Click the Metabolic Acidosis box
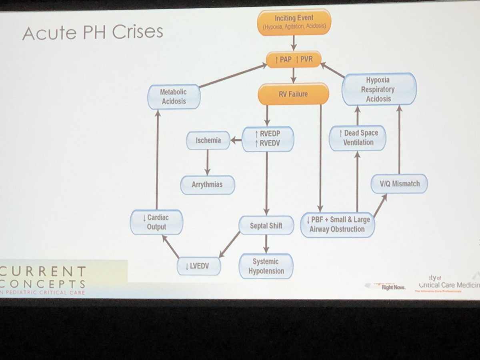(174, 97)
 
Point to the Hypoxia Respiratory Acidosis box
(378, 89)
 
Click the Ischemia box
(208, 140)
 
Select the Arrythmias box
(207, 185)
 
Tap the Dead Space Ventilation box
(358, 137)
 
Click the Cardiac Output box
(156, 222)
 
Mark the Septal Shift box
(266, 225)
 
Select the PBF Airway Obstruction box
(337, 224)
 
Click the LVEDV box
(199, 264)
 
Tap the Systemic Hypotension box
(266, 266)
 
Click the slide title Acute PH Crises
(93, 32)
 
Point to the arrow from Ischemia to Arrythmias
(208, 162)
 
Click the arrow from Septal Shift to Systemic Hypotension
(266, 244)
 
